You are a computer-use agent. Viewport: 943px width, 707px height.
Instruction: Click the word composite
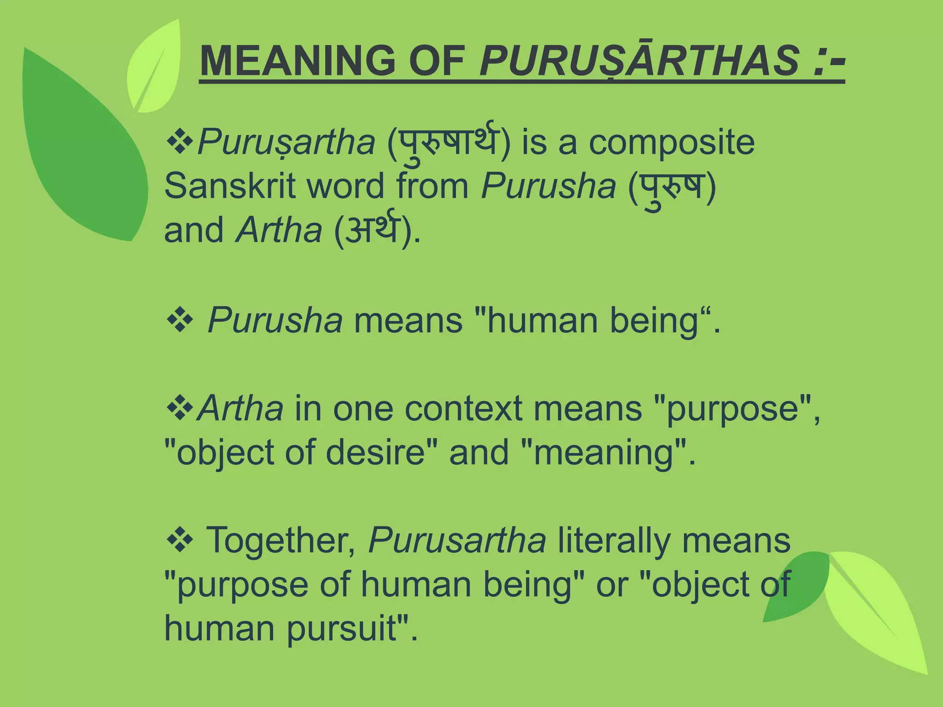point(672,142)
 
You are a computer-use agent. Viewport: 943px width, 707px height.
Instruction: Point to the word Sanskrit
point(229,186)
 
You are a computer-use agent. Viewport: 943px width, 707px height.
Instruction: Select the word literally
point(614,541)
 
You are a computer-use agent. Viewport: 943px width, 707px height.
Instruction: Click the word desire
point(375,452)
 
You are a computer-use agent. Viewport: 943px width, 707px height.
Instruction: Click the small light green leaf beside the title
point(154,69)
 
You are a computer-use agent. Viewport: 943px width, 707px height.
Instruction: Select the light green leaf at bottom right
point(875,612)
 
